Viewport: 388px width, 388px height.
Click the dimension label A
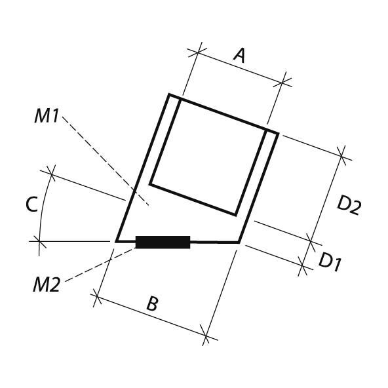tap(239, 56)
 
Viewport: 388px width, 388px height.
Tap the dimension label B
tap(152, 303)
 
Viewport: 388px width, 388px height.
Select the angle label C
tap(31, 204)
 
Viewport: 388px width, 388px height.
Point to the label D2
tap(349, 206)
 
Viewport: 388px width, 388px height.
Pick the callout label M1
tap(47, 116)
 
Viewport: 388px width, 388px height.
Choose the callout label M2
tap(47, 285)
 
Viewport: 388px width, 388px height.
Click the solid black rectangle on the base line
tap(163, 242)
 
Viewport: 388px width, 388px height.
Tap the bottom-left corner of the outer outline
tap(117, 241)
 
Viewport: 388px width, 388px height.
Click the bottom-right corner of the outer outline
tap(239, 242)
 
